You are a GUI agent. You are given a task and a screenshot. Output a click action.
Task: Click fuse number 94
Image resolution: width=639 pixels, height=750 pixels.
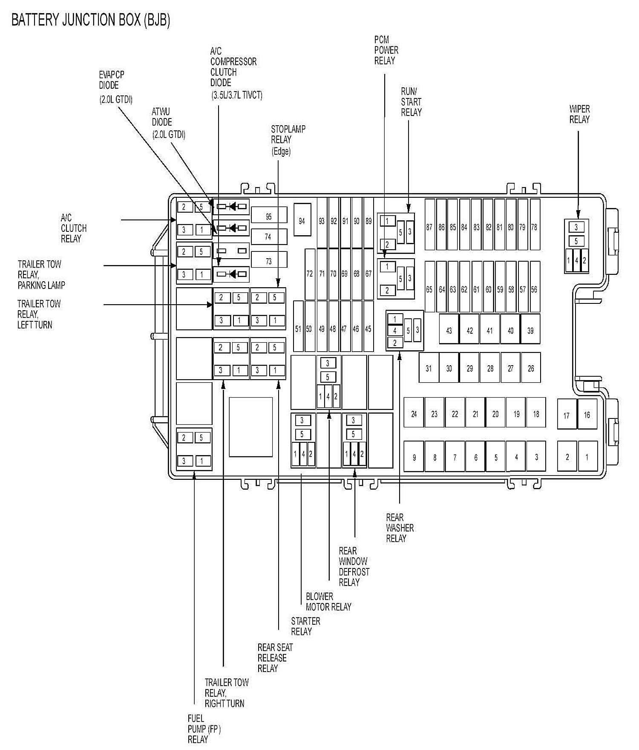(x=302, y=221)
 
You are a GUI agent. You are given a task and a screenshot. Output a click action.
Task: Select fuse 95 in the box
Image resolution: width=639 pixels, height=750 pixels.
(x=268, y=216)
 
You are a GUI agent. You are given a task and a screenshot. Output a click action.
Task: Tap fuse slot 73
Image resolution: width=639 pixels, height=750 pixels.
(x=268, y=261)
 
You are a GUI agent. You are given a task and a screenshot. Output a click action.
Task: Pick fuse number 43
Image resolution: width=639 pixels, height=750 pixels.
(x=449, y=330)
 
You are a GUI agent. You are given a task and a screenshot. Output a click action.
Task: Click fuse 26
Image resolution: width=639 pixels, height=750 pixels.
(x=531, y=368)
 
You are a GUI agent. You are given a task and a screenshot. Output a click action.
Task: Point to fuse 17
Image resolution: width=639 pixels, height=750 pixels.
(x=567, y=415)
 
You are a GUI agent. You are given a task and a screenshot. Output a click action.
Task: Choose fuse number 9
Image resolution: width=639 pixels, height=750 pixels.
(x=414, y=457)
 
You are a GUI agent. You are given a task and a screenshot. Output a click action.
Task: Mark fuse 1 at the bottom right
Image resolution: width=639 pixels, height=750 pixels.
(x=587, y=457)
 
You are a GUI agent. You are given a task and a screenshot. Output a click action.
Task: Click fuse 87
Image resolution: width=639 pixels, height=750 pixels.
(x=429, y=227)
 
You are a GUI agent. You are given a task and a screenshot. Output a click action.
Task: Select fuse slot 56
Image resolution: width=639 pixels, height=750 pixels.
(x=534, y=289)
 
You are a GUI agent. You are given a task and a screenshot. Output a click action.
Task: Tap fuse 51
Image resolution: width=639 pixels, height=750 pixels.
(x=298, y=329)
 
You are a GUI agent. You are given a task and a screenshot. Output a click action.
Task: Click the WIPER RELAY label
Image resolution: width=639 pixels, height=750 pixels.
(x=579, y=114)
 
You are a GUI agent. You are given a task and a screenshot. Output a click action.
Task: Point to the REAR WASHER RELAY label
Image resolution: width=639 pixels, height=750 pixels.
(x=400, y=528)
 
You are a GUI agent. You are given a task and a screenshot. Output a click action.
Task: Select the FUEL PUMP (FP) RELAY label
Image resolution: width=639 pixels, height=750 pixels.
(x=204, y=729)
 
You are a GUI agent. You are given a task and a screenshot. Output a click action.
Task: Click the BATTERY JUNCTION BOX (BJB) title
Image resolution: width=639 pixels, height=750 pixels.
(x=91, y=20)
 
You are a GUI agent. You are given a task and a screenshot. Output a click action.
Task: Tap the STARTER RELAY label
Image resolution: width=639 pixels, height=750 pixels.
(x=305, y=626)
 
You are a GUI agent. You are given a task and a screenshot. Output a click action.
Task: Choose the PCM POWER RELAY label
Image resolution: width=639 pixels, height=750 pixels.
(x=386, y=50)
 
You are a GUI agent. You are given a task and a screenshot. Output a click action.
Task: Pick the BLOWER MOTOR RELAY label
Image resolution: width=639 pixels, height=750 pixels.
(x=328, y=601)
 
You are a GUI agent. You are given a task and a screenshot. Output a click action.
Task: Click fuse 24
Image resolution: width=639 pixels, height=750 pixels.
(x=414, y=413)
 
